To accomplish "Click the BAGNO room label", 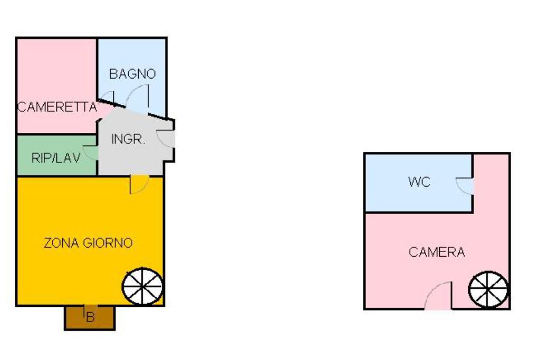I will click(x=132, y=74).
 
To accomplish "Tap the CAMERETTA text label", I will click(x=57, y=108).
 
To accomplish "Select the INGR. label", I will click(x=128, y=140).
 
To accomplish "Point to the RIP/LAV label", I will click(x=56, y=158).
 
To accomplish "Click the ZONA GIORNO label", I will click(x=88, y=243).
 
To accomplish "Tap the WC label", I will click(x=419, y=182).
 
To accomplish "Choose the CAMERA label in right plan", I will click(x=437, y=252).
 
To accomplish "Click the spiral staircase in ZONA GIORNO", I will click(x=143, y=287).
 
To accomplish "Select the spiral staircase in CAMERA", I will click(x=489, y=290).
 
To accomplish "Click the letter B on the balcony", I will click(x=90, y=317).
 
